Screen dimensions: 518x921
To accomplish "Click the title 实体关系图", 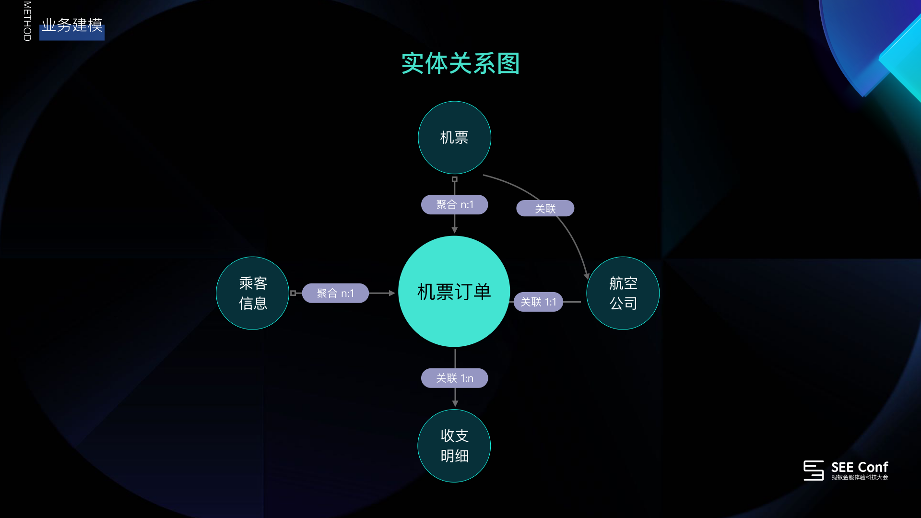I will [x=460, y=64].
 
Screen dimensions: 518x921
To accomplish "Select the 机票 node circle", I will [x=454, y=138].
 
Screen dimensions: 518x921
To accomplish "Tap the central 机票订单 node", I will [x=454, y=292].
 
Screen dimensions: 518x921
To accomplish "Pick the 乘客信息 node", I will [x=253, y=293].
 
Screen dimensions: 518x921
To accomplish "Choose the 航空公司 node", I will [x=623, y=293].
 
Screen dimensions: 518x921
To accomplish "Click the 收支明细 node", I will [x=454, y=446].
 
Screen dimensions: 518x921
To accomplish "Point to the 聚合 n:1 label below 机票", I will [x=454, y=205].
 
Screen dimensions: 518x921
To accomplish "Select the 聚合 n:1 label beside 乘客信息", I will [x=335, y=293].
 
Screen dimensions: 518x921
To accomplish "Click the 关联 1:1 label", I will [x=538, y=302].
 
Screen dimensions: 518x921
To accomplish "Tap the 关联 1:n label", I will [x=454, y=378].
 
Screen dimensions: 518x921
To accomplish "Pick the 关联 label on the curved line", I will [x=545, y=209].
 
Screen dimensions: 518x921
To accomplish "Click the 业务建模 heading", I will [x=72, y=25].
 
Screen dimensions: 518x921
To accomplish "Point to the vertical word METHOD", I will [x=27, y=21].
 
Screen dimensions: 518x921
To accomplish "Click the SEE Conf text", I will [x=859, y=467].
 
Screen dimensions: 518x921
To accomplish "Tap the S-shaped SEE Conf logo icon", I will [x=814, y=470].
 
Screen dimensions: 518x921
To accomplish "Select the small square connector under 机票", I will [x=455, y=179].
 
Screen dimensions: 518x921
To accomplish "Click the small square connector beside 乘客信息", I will [x=293, y=293].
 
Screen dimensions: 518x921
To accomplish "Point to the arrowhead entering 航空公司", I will [x=586, y=276].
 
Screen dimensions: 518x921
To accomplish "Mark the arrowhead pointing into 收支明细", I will [x=455, y=404].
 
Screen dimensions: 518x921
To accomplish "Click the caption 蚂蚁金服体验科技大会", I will [x=860, y=477].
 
